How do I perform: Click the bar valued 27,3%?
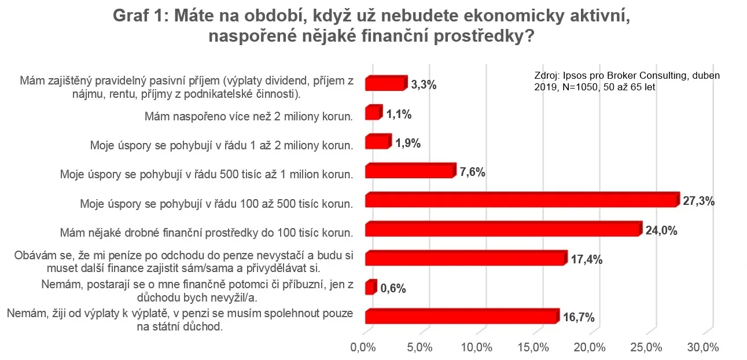pos(521,200)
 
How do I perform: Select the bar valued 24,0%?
pos(502,230)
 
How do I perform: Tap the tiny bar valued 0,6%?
pos(370,288)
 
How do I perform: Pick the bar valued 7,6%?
pos(409,171)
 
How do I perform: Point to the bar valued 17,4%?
pos(465,258)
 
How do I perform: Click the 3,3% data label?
pos(424,85)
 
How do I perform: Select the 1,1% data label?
pos(399,115)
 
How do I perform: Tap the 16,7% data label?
pos(578,317)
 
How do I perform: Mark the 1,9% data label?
pos(407,144)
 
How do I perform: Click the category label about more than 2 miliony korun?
pos(248,116)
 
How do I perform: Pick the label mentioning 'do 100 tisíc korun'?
pos(207,233)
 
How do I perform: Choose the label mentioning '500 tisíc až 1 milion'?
pos(207,173)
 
